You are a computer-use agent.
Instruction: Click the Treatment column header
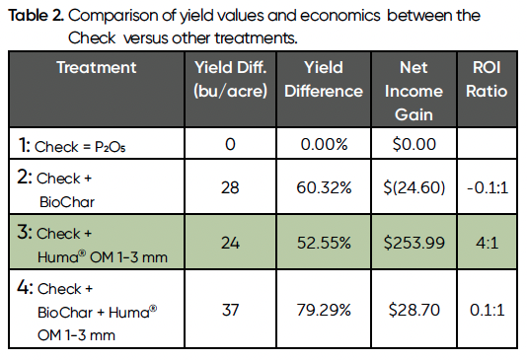pos(96,67)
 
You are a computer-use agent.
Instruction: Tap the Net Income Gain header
pos(414,90)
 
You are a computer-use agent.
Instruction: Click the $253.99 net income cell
pos(414,243)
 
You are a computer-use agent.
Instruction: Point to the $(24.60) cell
pos(414,187)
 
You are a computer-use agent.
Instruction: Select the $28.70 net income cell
pos(414,310)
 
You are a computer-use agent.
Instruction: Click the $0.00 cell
pos(414,144)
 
